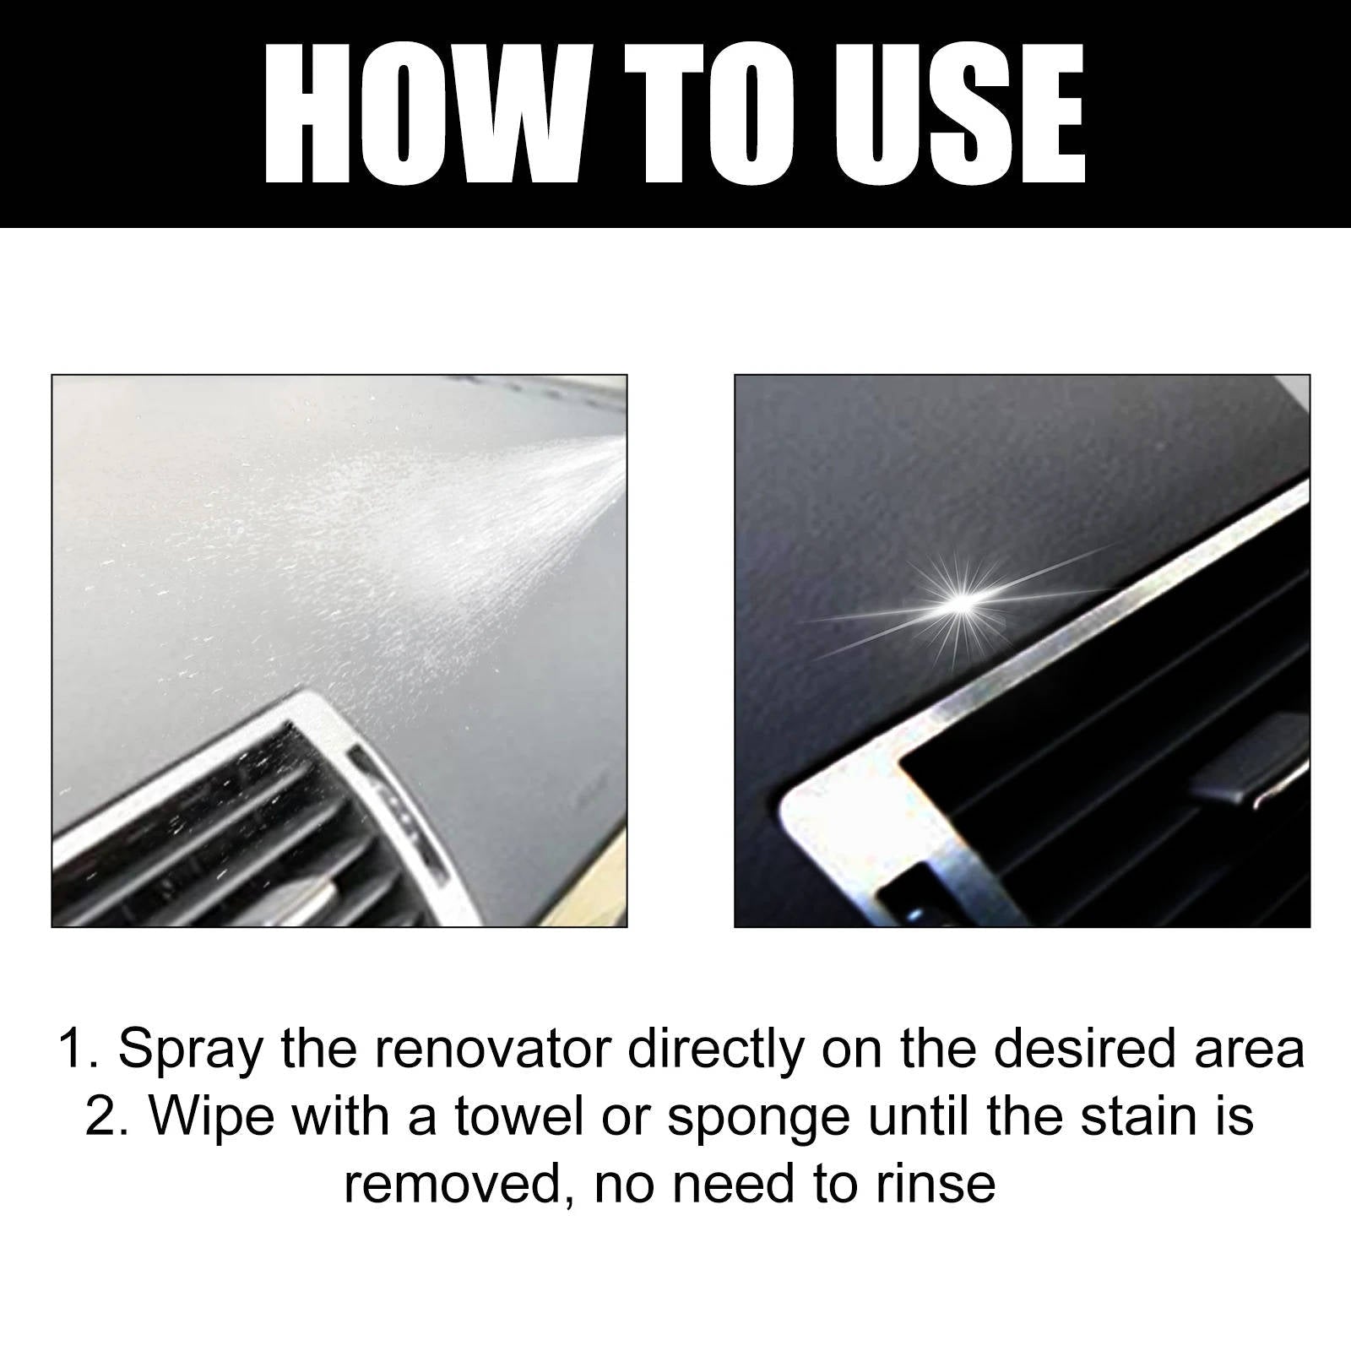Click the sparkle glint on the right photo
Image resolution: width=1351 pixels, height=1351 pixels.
pos(960,599)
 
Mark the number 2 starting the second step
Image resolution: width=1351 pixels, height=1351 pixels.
pos(100,1117)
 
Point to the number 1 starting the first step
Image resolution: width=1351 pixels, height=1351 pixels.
pos(73,1050)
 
